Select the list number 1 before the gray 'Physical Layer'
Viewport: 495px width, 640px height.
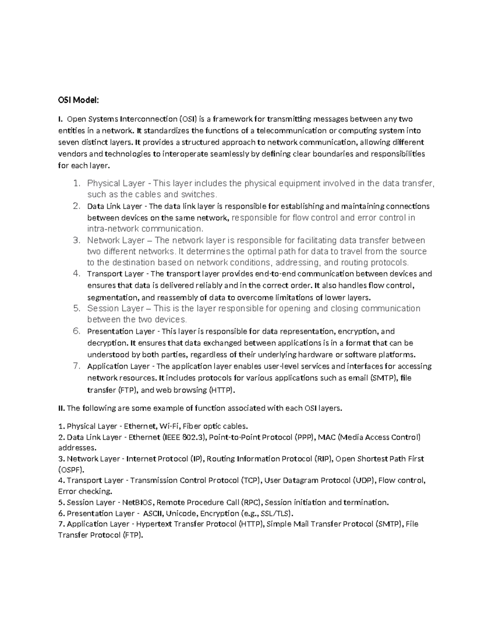tap(76, 183)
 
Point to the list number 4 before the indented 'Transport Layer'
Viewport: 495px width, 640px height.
tap(76, 273)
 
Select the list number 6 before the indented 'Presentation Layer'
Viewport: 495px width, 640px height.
tap(76, 331)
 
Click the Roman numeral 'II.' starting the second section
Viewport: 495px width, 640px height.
tap(61, 408)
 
